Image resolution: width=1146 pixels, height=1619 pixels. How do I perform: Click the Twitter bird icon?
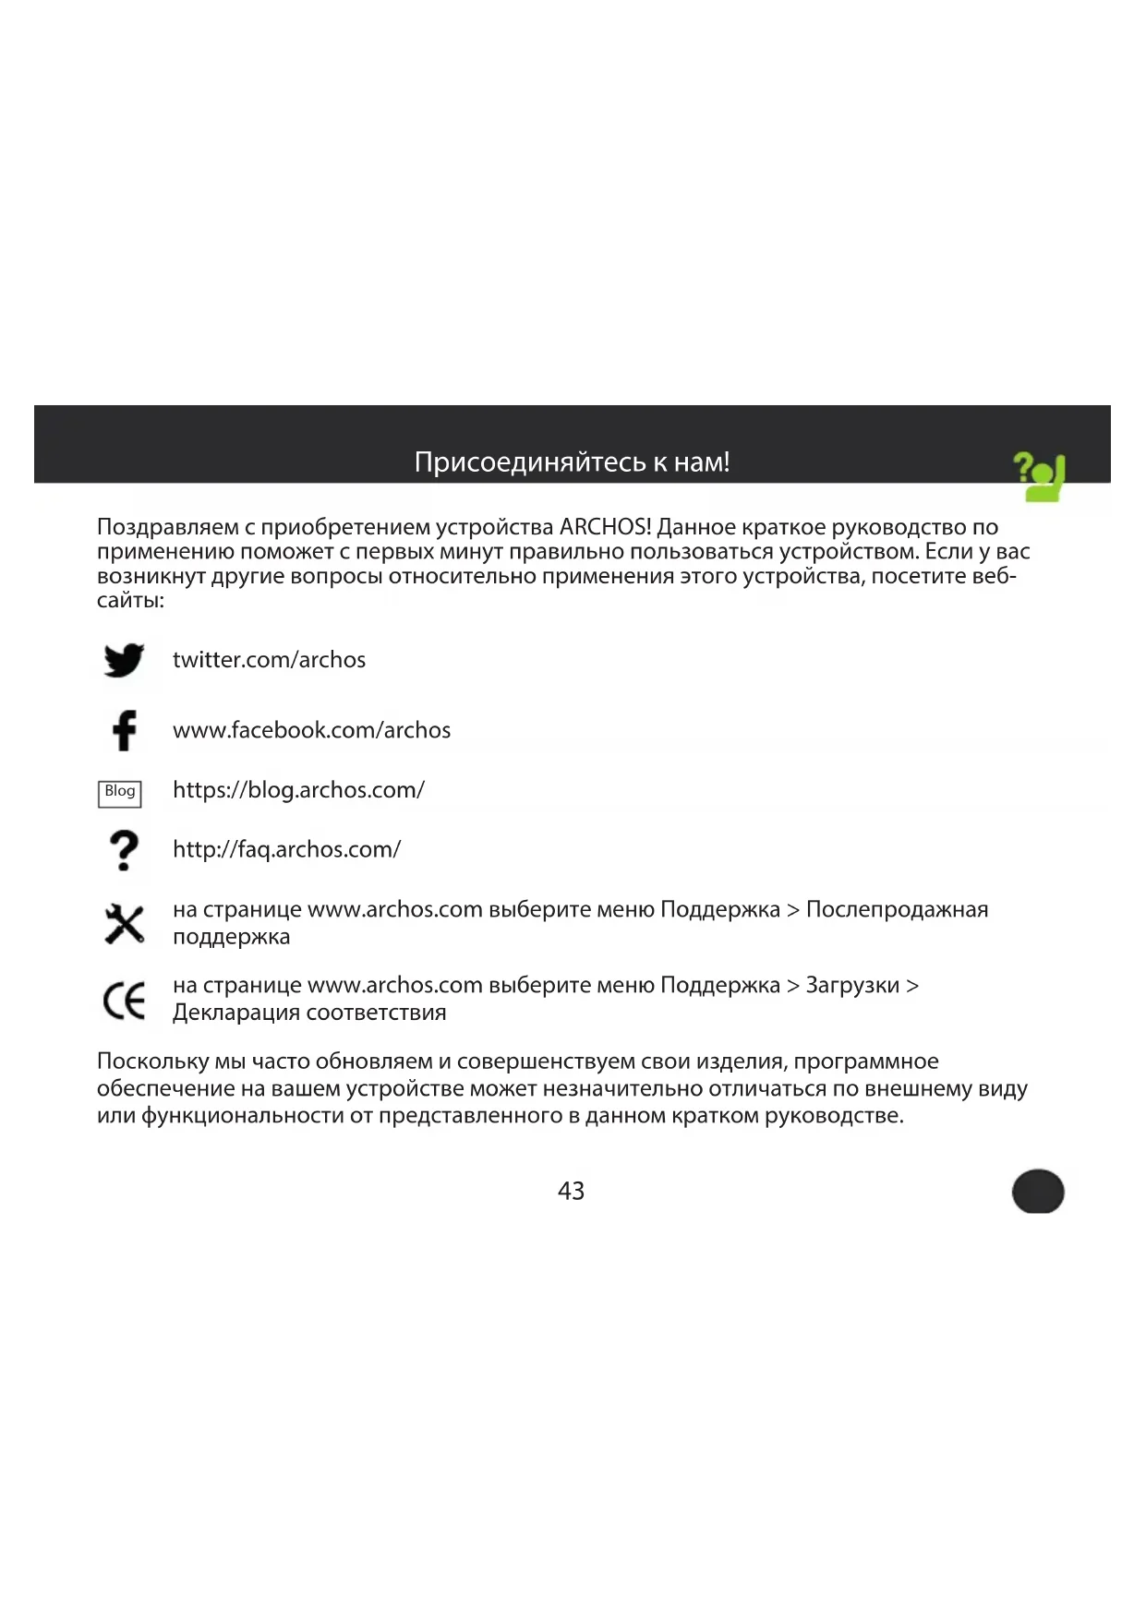[124, 660]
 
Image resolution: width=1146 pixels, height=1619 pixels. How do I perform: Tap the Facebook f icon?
[125, 730]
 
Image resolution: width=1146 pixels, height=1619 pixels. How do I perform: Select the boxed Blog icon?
[120, 792]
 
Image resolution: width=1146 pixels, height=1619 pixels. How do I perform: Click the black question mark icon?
[124, 850]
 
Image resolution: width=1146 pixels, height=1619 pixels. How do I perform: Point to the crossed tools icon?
[124, 924]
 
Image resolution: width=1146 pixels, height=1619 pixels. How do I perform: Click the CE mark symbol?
[124, 1000]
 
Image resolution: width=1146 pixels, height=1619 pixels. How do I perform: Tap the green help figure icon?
[1040, 476]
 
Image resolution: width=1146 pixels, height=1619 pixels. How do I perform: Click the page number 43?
[571, 1191]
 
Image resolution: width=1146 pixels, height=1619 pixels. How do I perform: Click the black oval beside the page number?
[1038, 1191]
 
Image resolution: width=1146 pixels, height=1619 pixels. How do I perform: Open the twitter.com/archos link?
[269, 660]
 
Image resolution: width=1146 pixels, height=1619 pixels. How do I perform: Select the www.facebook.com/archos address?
[311, 730]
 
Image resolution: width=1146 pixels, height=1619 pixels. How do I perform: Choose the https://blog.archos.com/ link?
[298, 790]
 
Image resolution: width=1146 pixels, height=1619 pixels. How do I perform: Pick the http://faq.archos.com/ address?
[286, 849]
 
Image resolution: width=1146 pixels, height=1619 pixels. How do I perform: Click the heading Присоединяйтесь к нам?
[572, 462]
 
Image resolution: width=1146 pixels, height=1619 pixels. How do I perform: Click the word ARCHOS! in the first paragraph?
[605, 527]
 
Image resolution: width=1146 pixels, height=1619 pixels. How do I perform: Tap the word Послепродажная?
[897, 909]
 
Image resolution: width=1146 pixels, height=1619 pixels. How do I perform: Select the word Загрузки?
[852, 985]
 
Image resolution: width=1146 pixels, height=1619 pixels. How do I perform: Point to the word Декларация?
[235, 1013]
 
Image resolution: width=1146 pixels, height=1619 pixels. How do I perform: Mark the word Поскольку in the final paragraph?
[152, 1061]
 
